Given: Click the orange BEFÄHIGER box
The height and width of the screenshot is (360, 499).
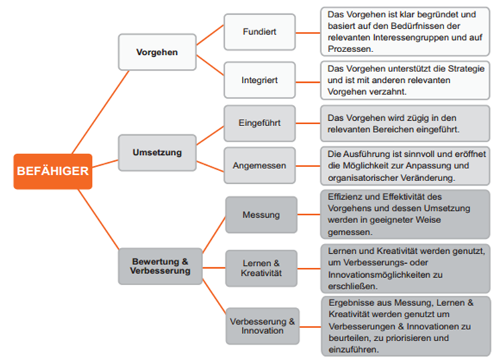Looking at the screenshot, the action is (53, 171).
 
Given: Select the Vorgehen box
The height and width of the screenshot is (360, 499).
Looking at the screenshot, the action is (157, 52).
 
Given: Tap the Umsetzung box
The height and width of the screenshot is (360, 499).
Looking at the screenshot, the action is (157, 152).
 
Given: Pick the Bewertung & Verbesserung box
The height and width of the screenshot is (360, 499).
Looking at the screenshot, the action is (160, 266).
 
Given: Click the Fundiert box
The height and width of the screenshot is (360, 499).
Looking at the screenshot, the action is (260, 32).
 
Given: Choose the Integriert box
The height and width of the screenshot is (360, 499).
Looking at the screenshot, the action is (260, 80).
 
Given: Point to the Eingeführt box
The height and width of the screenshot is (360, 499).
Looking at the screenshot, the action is (260, 123).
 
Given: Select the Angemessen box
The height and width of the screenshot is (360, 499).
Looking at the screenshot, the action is (260, 166).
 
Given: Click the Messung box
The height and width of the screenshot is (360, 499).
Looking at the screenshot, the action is (261, 215).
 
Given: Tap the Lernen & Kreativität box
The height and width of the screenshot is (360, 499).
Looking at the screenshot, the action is (261, 268).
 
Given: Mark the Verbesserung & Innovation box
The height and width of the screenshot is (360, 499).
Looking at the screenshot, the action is (263, 326).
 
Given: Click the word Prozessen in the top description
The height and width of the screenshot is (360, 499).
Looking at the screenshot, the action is (351, 49).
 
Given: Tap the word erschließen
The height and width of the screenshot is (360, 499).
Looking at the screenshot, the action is (353, 287).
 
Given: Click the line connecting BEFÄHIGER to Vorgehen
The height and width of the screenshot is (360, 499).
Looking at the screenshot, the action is (101, 112).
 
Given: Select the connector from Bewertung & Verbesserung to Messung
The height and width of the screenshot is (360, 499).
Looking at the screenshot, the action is (214, 235).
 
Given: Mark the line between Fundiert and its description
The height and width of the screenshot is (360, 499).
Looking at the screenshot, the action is (308, 33).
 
